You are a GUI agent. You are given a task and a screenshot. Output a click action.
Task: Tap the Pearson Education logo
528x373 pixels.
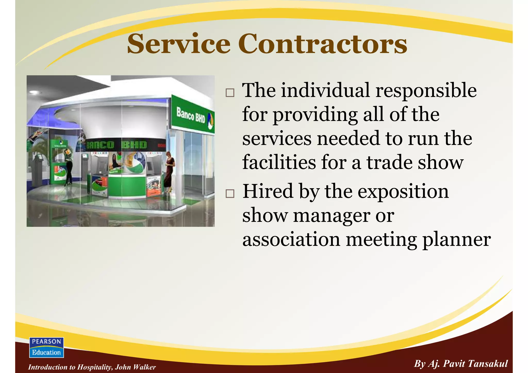click(46, 347)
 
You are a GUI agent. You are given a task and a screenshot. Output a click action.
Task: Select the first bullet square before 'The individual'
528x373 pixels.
click(230, 93)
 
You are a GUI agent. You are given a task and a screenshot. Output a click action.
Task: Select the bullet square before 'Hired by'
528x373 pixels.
click(230, 194)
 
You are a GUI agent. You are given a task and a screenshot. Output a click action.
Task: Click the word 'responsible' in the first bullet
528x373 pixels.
click(426, 91)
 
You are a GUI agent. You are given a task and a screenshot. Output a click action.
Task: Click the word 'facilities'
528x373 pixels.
click(279, 162)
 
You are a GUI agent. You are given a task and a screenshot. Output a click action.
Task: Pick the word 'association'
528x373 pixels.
click(291, 240)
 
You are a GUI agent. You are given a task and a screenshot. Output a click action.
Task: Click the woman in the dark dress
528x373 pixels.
click(169, 171)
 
